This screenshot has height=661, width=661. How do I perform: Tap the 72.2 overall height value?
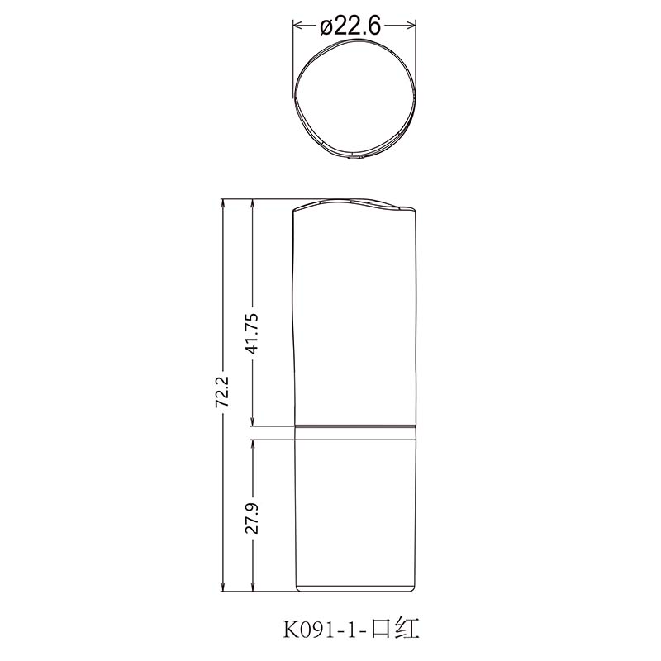[x=221, y=394]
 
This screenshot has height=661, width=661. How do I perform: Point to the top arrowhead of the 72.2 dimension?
[x=224, y=203]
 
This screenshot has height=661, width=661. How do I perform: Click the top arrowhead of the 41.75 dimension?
[x=253, y=203]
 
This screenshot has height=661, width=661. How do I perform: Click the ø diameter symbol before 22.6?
[x=325, y=27]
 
